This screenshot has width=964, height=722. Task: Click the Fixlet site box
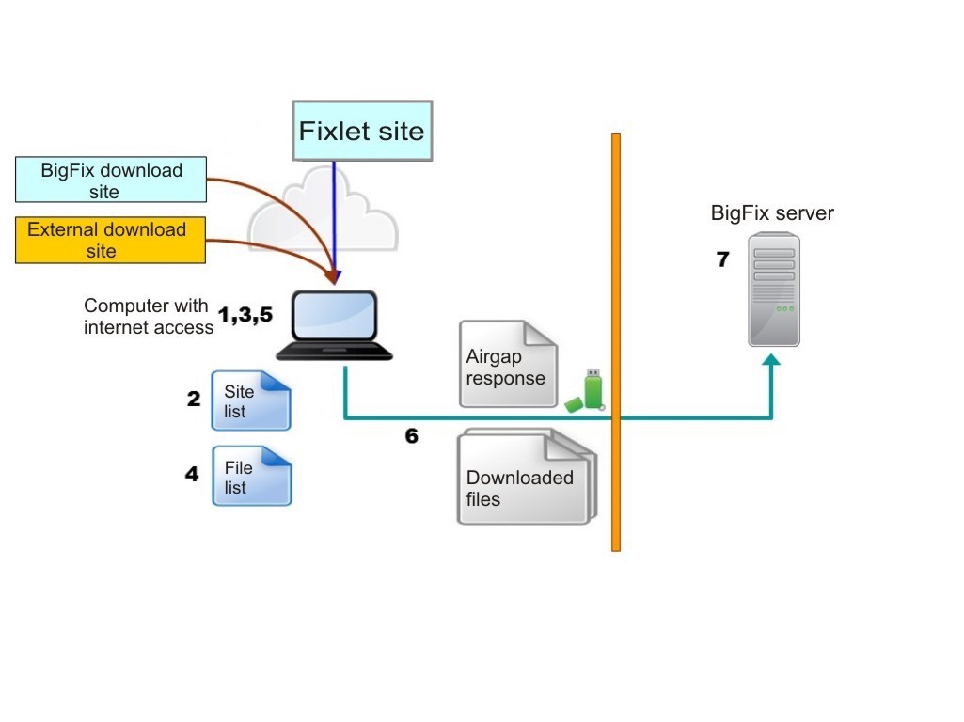(362, 131)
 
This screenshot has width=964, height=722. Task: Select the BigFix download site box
(111, 180)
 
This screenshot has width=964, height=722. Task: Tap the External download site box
(110, 241)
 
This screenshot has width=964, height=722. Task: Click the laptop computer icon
(334, 325)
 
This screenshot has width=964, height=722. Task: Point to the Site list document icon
(251, 400)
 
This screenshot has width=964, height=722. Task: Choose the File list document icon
(251, 477)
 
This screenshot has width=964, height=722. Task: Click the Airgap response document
(509, 364)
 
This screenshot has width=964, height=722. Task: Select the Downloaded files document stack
(527, 477)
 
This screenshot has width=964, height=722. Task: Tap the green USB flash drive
(585, 391)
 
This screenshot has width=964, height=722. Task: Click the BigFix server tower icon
(774, 290)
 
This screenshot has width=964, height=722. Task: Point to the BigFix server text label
(772, 212)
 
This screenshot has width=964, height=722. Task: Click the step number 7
(723, 259)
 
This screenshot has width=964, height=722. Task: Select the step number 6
(412, 435)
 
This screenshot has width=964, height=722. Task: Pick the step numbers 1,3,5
(245, 315)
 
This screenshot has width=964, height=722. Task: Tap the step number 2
(194, 399)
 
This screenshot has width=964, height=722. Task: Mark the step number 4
(192, 474)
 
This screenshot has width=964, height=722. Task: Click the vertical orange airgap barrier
(616, 342)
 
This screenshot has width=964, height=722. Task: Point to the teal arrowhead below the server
(771, 359)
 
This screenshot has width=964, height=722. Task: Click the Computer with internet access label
(149, 317)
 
